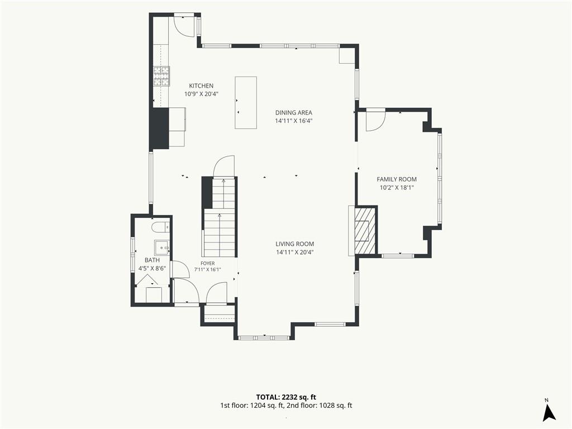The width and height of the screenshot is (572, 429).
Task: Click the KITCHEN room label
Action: pos(201,85)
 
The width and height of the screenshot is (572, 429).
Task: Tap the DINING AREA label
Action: pos(294,113)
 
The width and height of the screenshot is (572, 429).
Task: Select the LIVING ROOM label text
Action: pos(295,244)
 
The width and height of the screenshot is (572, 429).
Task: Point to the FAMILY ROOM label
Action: pos(397,179)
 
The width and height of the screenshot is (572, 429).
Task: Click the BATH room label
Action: pos(152,260)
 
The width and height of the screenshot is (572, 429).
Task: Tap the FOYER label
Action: pos(208,264)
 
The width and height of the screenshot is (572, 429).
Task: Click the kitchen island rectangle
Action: pos(246,103)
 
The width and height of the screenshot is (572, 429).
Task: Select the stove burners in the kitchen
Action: pos(161,76)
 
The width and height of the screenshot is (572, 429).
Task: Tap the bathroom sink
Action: pos(162,247)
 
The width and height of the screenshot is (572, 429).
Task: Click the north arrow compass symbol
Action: pos(549,413)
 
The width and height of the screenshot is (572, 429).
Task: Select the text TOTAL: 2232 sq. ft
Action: pos(286,397)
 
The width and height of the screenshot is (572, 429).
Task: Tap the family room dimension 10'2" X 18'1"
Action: pos(397,188)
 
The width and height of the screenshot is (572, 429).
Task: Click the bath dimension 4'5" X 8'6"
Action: pos(152,269)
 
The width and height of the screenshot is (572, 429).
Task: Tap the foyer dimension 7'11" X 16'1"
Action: pos(208,270)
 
